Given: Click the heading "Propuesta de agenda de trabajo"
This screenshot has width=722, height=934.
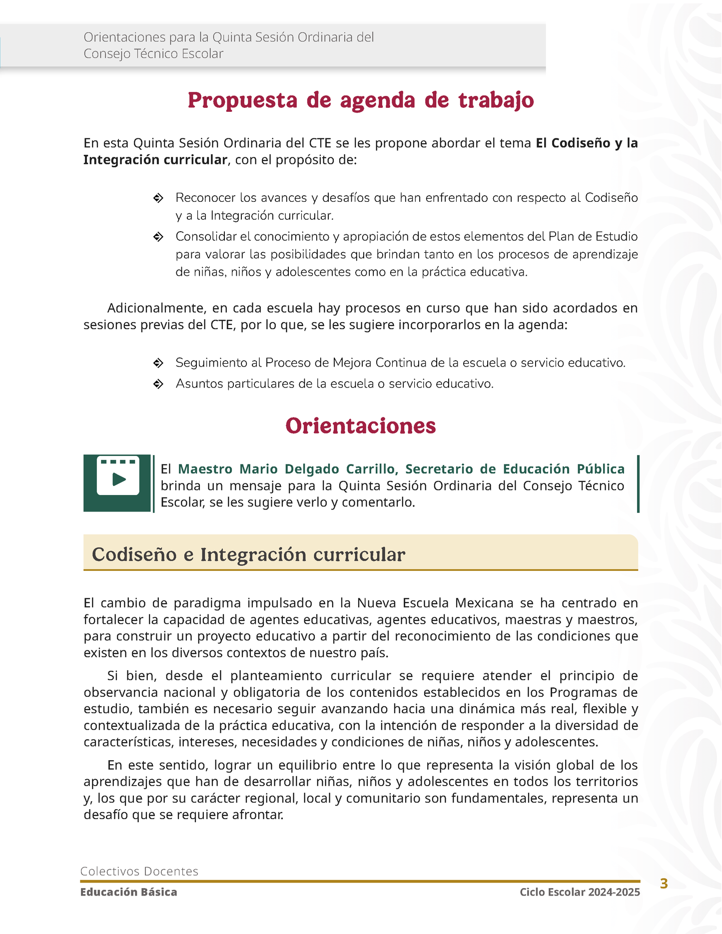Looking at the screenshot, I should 361,100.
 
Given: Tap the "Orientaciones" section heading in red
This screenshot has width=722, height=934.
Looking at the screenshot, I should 361,426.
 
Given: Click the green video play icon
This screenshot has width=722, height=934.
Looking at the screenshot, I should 118,479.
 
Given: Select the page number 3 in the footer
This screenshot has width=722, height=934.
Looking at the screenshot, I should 664,884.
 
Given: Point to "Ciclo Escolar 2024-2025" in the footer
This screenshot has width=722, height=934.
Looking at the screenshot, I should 580,892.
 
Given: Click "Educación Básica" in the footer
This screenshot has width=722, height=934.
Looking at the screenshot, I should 129,892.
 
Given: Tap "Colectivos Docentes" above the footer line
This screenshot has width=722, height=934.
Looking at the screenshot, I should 139,871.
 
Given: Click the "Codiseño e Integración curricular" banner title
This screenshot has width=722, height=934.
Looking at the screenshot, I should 248,554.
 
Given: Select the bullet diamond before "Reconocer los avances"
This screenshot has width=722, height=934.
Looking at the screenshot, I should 158,198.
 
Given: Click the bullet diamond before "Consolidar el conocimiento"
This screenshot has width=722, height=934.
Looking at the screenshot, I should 158,237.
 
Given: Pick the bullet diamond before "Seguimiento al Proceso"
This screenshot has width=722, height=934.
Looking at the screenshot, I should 158,363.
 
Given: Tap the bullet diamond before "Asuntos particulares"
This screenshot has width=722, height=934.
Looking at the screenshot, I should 158,384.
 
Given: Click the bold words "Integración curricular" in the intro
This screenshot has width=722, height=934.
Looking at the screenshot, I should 155,160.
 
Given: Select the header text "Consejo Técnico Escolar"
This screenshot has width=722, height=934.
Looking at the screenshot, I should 153,53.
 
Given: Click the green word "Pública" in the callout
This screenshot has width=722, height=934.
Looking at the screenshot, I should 601,469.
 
